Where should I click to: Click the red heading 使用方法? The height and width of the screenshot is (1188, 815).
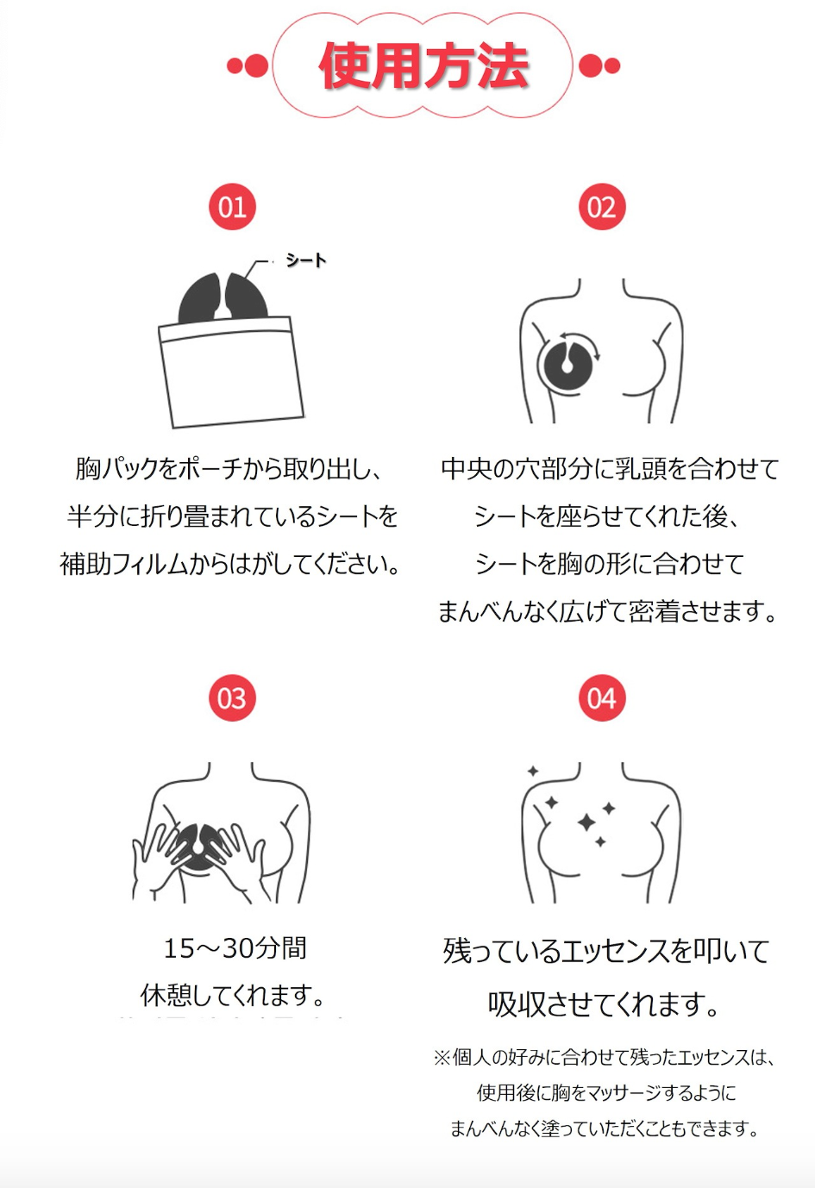[x=423, y=66]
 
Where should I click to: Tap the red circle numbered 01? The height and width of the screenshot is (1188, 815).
[x=232, y=207]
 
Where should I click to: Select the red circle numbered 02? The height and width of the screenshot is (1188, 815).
[x=602, y=207]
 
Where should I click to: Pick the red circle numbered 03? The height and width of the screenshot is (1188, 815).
[x=232, y=698]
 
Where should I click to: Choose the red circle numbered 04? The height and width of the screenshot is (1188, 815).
[x=602, y=698]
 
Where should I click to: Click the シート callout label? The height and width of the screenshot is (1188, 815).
[x=305, y=259]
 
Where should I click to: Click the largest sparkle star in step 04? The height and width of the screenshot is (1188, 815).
[x=586, y=822]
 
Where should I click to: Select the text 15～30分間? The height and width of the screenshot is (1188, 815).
[x=235, y=948]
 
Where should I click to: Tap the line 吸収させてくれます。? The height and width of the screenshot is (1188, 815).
[x=604, y=1004]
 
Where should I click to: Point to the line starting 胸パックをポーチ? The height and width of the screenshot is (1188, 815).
[x=229, y=469]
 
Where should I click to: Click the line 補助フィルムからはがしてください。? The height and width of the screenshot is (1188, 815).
[x=229, y=564]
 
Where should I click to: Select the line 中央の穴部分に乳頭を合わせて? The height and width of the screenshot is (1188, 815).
[x=610, y=469]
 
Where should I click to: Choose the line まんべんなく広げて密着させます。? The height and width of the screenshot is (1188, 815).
[x=607, y=611]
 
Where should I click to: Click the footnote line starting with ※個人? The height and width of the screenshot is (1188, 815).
[x=605, y=1057]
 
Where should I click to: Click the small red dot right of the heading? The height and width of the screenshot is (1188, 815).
[x=611, y=66]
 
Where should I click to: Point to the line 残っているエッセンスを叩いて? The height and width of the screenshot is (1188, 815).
[x=606, y=951]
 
